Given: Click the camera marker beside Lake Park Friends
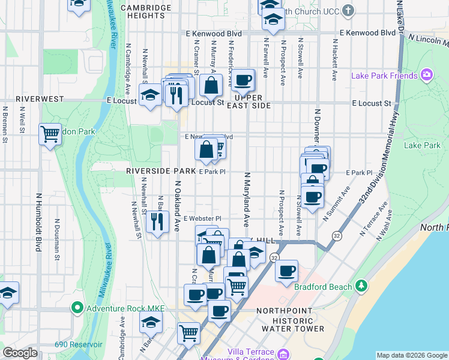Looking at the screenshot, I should (427, 76).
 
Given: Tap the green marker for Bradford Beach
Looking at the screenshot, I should (361, 286).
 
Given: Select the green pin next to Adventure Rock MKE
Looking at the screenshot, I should (77, 308).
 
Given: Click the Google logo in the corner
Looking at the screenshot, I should (20, 353).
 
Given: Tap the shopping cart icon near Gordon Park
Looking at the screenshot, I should (50, 134).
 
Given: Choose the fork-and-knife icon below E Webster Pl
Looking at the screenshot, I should (157, 223).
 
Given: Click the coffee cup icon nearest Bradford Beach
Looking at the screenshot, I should (287, 271).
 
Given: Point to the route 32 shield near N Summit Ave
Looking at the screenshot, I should (337, 235).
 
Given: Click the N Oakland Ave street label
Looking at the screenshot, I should (177, 206).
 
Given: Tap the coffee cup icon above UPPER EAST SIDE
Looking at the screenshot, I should (243, 80).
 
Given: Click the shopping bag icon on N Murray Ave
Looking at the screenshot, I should (211, 85).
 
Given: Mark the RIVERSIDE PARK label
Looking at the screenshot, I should (161, 171).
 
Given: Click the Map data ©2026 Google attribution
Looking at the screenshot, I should (412, 355).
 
